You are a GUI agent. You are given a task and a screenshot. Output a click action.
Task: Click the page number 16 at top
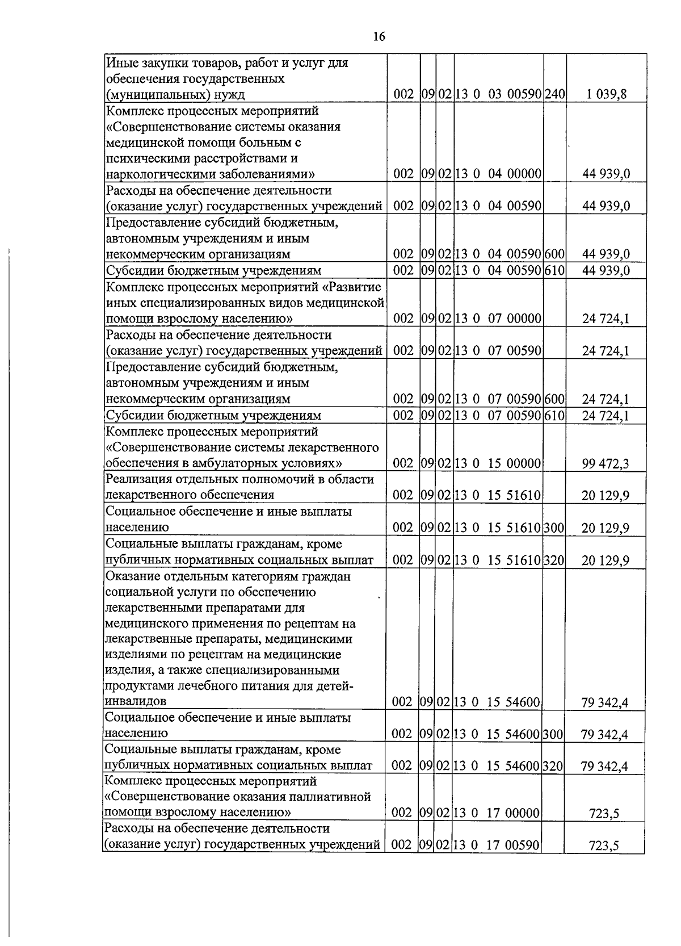(379, 37)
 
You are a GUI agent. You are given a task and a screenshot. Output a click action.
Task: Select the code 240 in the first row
(555, 94)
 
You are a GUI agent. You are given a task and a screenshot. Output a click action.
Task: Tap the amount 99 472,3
(606, 464)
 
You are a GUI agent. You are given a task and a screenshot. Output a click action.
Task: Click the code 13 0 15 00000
(498, 463)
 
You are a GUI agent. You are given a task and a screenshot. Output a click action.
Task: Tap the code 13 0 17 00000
(497, 813)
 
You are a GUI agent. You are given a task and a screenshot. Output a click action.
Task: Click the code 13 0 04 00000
(498, 174)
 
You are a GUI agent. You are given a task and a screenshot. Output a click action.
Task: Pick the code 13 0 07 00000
(498, 319)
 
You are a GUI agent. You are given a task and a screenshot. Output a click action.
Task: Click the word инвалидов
(136, 702)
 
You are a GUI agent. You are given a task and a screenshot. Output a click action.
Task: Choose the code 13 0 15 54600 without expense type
(497, 702)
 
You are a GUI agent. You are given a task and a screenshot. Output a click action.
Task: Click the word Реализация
(136, 479)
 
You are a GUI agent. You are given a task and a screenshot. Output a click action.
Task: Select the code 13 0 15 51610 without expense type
(498, 495)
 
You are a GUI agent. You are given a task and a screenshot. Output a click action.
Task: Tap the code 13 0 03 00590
(498, 94)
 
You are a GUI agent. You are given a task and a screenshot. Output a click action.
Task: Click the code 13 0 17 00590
(497, 845)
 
